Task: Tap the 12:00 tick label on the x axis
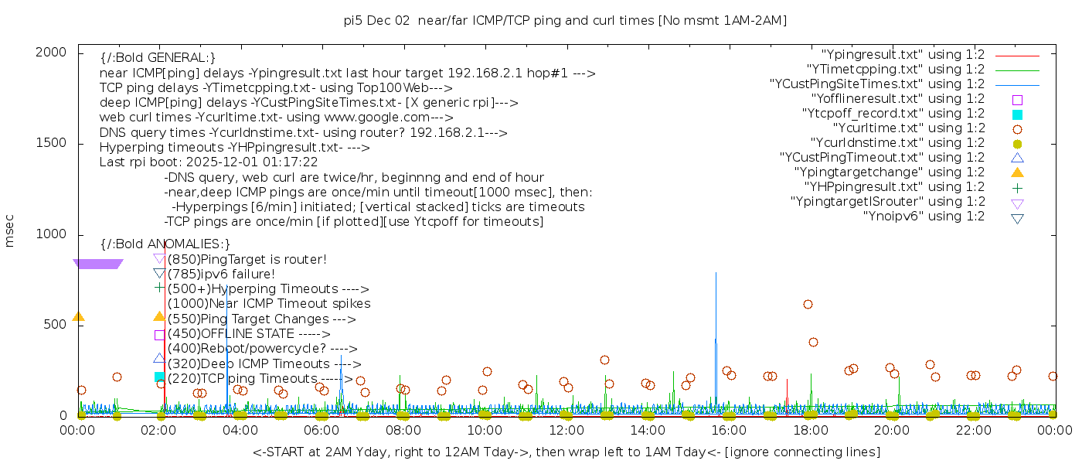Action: click(x=566, y=430)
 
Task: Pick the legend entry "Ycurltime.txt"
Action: click(x=908, y=128)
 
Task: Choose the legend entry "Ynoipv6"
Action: click(x=924, y=217)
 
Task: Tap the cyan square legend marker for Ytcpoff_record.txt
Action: click(x=1017, y=114)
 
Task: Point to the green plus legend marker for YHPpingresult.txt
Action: click(x=1017, y=187)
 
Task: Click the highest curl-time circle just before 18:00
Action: click(x=808, y=305)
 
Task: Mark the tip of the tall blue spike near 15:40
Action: click(x=716, y=273)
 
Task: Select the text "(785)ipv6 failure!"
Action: click(x=221, y=275)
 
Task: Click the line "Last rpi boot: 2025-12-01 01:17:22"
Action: click(x=209, y=162)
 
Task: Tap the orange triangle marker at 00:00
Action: click(x=78, y=316)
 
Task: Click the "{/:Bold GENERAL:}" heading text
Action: click(x=158, y=58)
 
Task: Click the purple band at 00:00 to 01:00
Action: click(x=97, y=264)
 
